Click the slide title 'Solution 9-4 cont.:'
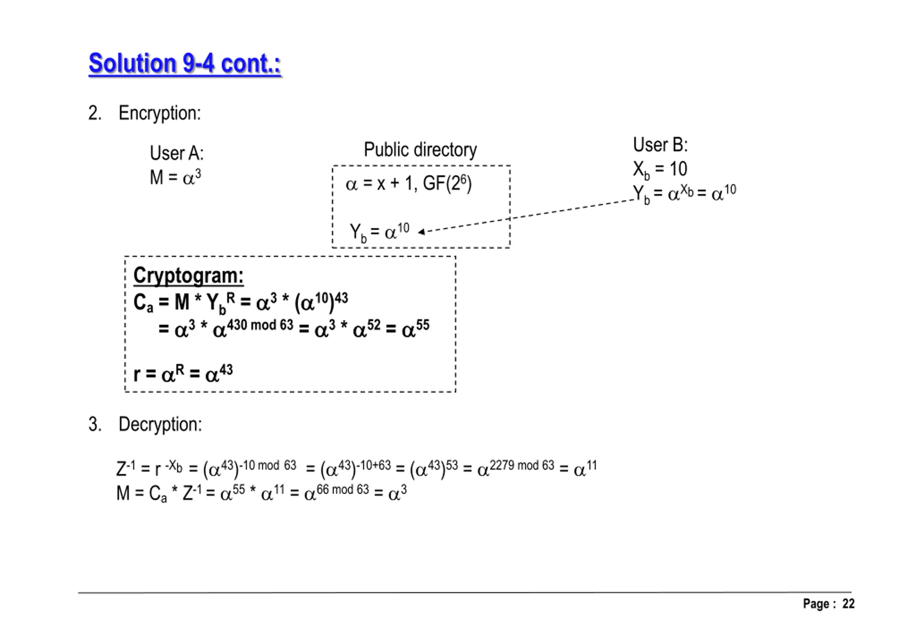pos(185,63)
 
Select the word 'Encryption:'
pos(160,113)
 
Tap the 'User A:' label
pos(177,153)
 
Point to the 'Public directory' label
pos(420,150)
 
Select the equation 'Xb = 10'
pos(660,169)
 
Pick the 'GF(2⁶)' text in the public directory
pos(447,184)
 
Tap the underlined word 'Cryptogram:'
pos(188,275)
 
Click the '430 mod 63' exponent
pos(260,325)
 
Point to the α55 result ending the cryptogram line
pos(415,329)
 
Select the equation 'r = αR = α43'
pos(183,374)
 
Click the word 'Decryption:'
pos(160,424)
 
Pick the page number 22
pos(848,604)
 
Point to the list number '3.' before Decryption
pos(94,424)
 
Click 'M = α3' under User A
pos(175,177)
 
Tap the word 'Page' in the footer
pos(815,604)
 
